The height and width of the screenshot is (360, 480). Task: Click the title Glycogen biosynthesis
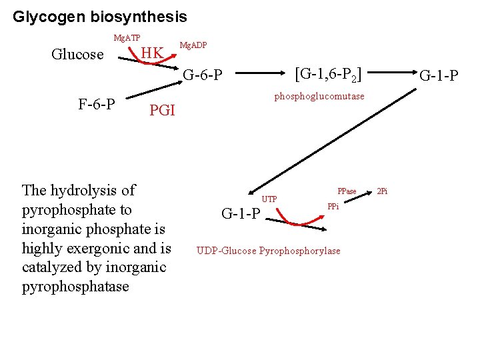(100, 16)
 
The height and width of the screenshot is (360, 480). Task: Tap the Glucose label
(77, 55)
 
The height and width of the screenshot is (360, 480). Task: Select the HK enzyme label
(153, 53)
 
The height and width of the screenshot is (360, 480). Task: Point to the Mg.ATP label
(127, 37)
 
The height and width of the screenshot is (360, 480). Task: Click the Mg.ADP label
(193, 45)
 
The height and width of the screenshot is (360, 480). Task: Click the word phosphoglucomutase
(319, 96)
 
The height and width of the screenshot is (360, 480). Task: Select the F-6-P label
(97, 104)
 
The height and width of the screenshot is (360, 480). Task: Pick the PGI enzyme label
(162, 111)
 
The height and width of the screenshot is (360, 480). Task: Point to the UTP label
(269, 199)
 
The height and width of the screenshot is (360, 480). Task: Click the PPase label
(347, 192)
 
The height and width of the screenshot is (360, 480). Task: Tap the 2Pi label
(382, 192)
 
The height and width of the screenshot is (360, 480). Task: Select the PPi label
(333, 207)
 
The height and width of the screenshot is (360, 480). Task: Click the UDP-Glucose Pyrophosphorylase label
(268, 251)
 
